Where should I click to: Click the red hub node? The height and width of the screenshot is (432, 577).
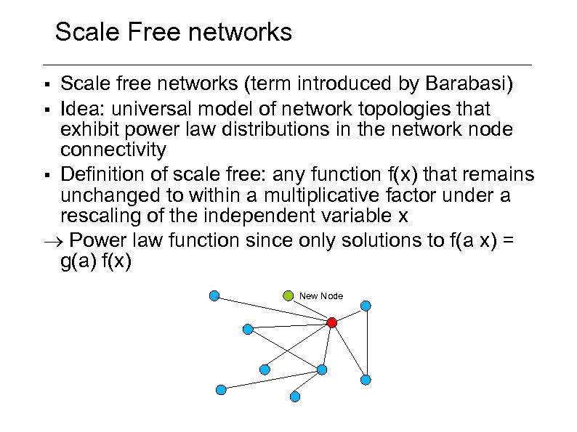pos(331,322)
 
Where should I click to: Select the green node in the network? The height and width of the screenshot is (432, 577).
pos(288,296)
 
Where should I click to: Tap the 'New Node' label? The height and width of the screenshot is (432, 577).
pos(321,296)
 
